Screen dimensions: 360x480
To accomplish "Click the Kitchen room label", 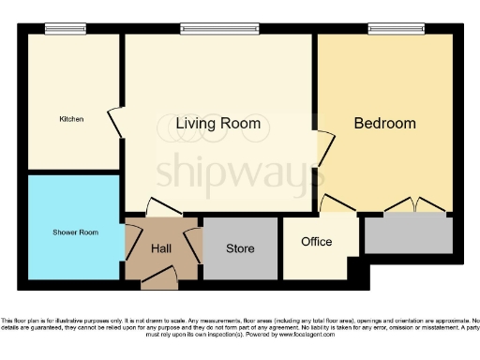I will [72, 119].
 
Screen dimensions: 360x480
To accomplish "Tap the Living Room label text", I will [218, 124].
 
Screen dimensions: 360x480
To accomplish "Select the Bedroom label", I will [384, 123].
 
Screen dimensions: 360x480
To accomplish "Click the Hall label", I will [161, 248].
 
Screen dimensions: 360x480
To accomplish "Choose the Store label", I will [240, 248].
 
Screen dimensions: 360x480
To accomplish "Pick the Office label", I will [316, 242].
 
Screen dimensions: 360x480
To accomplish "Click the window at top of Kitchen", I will [65, 29].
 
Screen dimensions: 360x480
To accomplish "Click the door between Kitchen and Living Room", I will [115, 119].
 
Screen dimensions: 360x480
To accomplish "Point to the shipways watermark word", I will [239, 172].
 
